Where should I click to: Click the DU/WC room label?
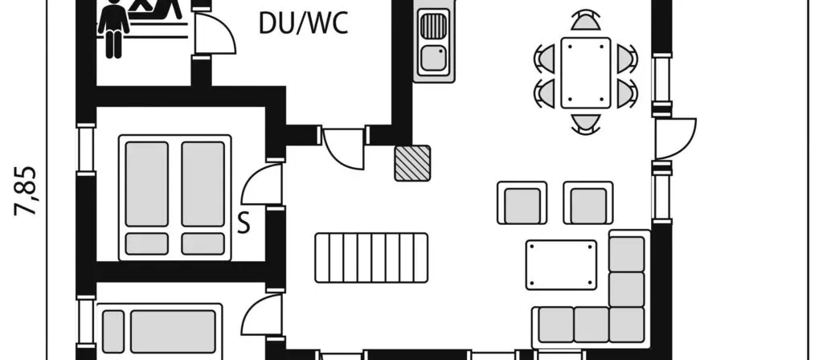(303, 23)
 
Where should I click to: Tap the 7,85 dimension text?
(26, 191)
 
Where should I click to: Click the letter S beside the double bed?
(244, 223)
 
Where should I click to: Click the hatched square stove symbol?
(412, 163)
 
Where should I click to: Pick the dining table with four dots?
(586, 73)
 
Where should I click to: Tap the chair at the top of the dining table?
(586, 21)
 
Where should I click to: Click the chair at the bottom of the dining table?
(586, 124)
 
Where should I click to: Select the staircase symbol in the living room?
(371, 258)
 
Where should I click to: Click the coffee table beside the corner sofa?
(561, 265)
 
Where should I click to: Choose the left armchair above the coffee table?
(522, 202)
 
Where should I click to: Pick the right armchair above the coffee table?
(588, 202)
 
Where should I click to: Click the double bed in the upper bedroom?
(174, 198)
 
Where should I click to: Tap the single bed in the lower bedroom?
(160, 331)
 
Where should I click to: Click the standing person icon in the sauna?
(113, 28)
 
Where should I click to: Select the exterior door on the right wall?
(675, 138)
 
